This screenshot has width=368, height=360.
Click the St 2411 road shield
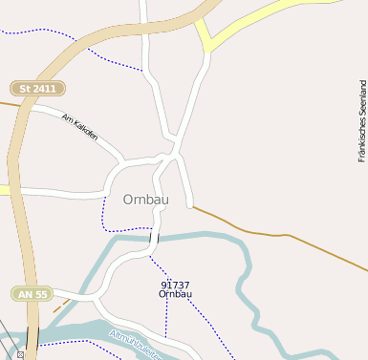point(38,88)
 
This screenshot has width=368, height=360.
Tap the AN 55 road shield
point(32,294)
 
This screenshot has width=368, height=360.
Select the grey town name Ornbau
point(147,200)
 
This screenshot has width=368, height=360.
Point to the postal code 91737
point(175,285)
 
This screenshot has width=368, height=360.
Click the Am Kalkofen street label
point(79,128)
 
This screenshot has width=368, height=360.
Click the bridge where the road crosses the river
point(154,238)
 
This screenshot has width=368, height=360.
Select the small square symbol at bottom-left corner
point(20,354)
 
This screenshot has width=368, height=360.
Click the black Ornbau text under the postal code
point(175,294)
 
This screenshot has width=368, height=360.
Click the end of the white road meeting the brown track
point(192,205)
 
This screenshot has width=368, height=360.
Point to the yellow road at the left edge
point(4,190)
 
